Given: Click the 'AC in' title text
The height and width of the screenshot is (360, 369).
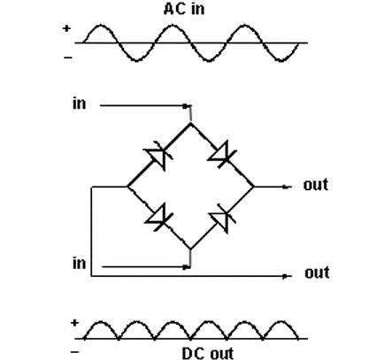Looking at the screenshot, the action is pyautogui.click(x=184, y=9).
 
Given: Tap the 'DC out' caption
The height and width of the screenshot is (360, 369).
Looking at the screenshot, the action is pyautogui.click(x=208, y=354).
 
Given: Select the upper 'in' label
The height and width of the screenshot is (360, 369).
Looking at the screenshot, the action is pyautogui.click(x=79, y=103).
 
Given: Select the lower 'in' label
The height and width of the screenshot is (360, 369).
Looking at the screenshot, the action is pyautogui.click(x=79, y=263).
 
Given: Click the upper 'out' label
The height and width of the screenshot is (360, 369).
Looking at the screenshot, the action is pyautogui.click(x=316, y=185).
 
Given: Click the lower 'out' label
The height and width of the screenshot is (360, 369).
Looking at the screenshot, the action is pyautogui.click(x=317, y=272).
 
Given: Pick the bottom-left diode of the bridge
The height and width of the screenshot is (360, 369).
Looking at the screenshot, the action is pyautogui.click(x=158, y=218).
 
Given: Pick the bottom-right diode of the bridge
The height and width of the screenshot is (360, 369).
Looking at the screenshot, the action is pyautogui.click(x=222, y=218).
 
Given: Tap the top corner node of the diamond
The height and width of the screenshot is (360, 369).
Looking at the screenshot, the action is pyautogui.click(x=191, y=124).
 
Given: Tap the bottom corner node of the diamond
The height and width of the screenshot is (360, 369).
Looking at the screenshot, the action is pyautogui.click(x=190, y=249).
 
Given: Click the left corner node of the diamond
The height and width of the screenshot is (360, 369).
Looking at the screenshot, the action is pyautogui.click(x=127, y=187).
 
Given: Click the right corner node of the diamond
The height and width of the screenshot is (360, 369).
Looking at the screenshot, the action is pyautogui.click(x=254, y=187).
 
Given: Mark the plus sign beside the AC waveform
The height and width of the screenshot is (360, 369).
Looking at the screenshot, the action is pyautogui.click(x=66, y=28).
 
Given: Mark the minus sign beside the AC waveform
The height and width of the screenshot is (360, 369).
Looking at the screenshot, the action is pyautogui.click(x=68, y=57).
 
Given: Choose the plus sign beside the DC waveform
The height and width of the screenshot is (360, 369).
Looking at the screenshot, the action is pyautogui.click(x=74, y=323).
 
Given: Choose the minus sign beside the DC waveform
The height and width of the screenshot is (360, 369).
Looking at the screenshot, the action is pyautogui.click(x=75, y=352).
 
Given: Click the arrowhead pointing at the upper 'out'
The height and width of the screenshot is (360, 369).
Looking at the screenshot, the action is pyautogui.click(x=285, y=187).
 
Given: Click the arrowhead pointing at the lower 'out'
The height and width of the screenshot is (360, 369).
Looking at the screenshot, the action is pyautogui.click(x=285, y=276).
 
